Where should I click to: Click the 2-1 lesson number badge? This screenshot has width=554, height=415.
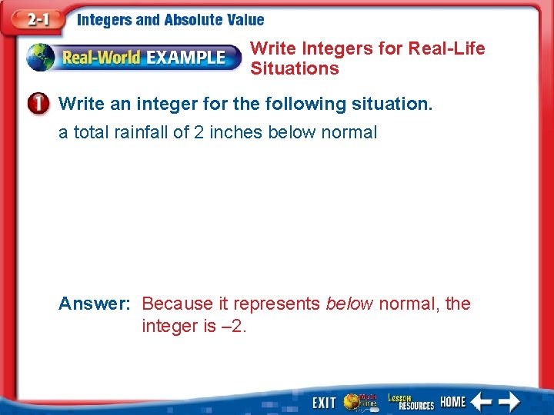pyautogui.click(x=34, y=20)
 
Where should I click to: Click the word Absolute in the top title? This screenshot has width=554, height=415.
pyautogui.click(x=194, y=21)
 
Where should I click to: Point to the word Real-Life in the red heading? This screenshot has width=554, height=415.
pyautogui.click(x=447, y=48)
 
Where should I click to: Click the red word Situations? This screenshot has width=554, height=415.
pyautogui.click(x=294, y=68)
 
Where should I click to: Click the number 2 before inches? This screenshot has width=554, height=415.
pyautogui.click(x=199, y=132)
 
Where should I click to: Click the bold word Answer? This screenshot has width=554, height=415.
pyautogui.click(x=95, y=304)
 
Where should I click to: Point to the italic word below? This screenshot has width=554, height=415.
pyautogui.click(x=349, y=304)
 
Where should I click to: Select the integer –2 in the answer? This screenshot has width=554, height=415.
pyautogui.click(x=232, y=326)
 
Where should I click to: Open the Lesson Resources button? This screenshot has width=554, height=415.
pyautogui.click(x=410, y=400)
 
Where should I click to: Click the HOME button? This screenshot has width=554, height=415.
pyautogui.click(x=452, y=401)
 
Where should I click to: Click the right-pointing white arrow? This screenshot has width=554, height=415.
pyautogui.click(x=509, y=401)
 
